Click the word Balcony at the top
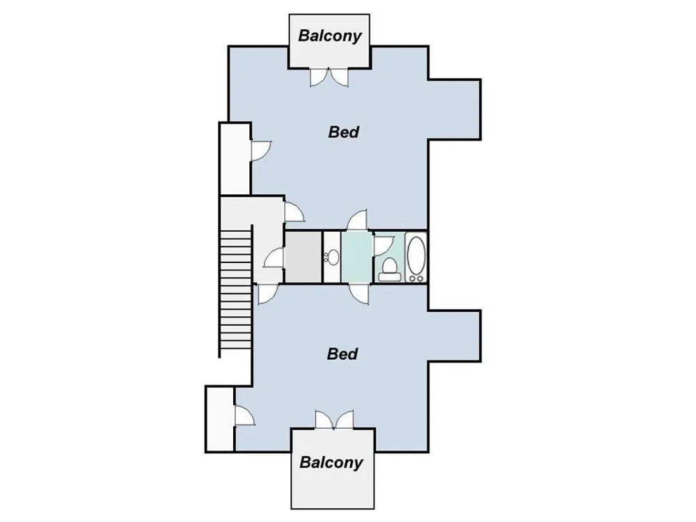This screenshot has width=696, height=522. pyautogui.click(x=330, y=35)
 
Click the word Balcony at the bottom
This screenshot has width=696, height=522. pyautogui.click(x=331, y=462)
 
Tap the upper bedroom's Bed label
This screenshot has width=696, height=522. pyautogui.click(x=344, y=132)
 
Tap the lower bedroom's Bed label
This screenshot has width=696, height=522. pyautogui.click(x=342, y=354)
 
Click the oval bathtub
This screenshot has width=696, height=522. pyautogui.click(x=416, y=257)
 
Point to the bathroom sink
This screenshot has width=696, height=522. pyautogui.click(x=331, y=257)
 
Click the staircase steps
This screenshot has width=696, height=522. pyautogui.click(x=236, y=290)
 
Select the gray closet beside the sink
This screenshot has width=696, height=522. pyautogui.click(x=303, y=257)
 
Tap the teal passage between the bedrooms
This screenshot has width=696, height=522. pyautogui.click(x=356, y=257)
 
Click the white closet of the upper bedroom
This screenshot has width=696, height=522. pyautogui.click(x=235, y=159)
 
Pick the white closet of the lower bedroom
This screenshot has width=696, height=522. pyautogui.click(x=220, y=418)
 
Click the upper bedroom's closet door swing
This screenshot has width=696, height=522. pyautogui.click(x=261, y=150)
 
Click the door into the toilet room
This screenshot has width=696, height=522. pyautogui.click(x=383, y=246)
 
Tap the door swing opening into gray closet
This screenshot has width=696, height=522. pyautogui.click(x=274, y=258)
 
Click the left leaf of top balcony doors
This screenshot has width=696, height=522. pyautogui.click(x=319, y=77)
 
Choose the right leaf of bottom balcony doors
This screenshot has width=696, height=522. pyautogui.click(x=345, y=420)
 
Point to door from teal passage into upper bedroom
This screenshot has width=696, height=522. pyautogui.click(x=357, y=220)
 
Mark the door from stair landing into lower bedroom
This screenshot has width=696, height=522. pyautogui.click(x=268, y=294)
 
